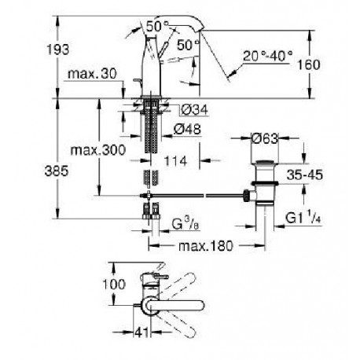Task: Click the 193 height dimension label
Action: click(58, 50)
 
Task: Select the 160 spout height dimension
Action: click(308, 64)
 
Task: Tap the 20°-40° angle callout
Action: click(267, 56)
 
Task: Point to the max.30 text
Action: click(92, 74)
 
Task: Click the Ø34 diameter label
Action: click(194, 110)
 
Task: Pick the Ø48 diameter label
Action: click(187, 129)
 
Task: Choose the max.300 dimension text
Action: click(98, 150)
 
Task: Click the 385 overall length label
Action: click(57, 171)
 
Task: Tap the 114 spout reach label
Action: click(175, 161)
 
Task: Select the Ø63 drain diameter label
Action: click(265, 138)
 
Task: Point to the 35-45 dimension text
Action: click(304, 174)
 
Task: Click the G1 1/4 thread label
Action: click(303, 218)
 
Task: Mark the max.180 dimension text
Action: click(206, 246)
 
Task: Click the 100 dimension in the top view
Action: click(114, 285)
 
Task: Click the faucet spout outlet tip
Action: click(202, 29)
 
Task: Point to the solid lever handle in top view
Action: click(176, 306)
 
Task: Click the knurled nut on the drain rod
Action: click(246, 195)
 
